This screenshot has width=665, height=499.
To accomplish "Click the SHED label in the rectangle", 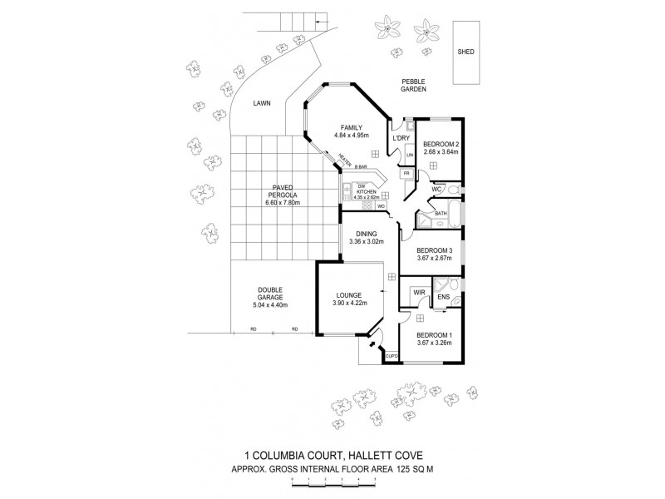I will pyautogui.click(x=466, y=52).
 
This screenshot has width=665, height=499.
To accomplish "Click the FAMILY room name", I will pyautogui.click(x=351, y=128).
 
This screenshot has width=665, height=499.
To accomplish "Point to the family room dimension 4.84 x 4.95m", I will pyautogui.click(x=351, y=136).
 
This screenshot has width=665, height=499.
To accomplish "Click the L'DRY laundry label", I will pyautogui.click(x=401, y=137).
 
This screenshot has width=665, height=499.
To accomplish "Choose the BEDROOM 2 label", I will pyautogui.click(x=441, y=144).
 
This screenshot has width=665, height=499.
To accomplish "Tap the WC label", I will pyautogui.click(x=435, y=190).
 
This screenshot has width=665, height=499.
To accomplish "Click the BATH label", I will pyautogui.click(x=441, y=213).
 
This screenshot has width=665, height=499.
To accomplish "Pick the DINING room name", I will pyautogui.click(x=367, y=234).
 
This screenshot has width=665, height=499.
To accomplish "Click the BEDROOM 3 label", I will pyautogui.click(x=434, y=250).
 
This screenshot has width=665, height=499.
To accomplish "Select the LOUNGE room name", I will pyautogui.click(x=347, y=295).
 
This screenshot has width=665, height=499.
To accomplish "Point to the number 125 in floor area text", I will pyautogui.click(x=403, y=470).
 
